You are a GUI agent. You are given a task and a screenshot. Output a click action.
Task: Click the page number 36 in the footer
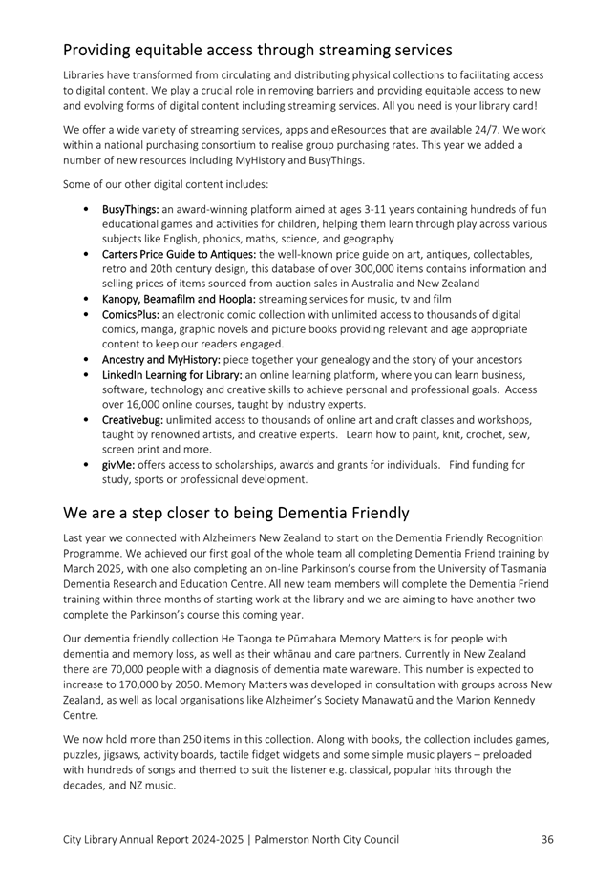pos(547,839)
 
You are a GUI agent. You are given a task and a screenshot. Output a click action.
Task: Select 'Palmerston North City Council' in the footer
pos(328,839)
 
